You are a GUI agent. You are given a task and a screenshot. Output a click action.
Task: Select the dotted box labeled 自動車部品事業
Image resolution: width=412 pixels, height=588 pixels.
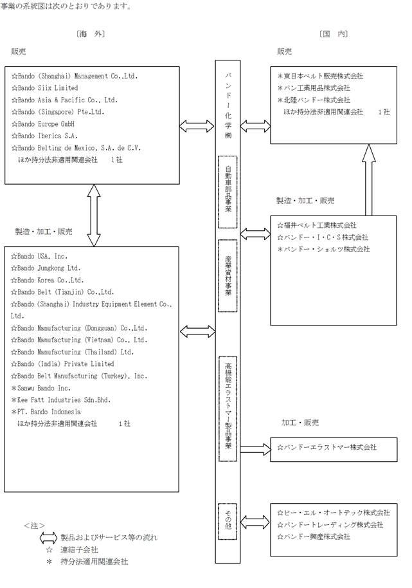pyautogui.click(x=228, y=192)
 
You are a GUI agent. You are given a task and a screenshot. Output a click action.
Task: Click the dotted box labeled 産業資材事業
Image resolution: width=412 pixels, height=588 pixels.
pyautogui.click(x=228, y=275)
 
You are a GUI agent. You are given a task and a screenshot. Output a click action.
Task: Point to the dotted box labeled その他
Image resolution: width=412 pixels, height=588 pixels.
pyautogui.click(x=228, y=522)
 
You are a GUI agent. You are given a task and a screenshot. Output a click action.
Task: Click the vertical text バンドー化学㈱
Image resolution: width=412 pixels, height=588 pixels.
pyautogui.click(x=228, y=106)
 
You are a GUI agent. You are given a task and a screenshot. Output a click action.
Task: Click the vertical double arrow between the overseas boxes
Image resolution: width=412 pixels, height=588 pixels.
pyautogui.click(x=94, y=216)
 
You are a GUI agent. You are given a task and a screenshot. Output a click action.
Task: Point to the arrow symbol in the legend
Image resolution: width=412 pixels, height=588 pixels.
pyautogui.click(x=48, y=538)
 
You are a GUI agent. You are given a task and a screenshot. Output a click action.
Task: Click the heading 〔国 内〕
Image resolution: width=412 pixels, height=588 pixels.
pyautogui.click(x=334, y=34)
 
